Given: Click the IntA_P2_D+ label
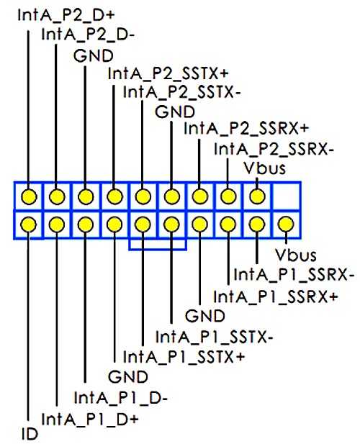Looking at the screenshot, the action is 66,15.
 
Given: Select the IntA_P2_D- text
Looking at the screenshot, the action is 88,35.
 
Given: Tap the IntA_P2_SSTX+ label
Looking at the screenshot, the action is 168,74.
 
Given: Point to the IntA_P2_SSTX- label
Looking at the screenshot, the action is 182,92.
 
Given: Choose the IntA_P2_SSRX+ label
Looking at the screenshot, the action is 246,128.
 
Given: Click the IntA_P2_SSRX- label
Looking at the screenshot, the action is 274,149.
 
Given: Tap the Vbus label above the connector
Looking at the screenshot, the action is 265,168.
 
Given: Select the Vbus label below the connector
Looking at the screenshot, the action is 296,255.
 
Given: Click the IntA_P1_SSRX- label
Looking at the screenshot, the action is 294,275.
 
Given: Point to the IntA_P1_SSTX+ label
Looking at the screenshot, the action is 184,356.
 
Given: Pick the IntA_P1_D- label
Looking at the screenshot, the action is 121,398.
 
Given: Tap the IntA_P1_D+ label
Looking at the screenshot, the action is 90,419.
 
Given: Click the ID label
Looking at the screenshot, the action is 30,434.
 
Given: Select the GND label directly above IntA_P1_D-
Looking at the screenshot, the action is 128,377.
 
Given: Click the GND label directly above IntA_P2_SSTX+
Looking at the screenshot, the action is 94,56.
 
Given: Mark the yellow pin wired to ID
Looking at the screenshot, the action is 29,225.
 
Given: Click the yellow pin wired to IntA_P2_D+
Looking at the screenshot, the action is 29,196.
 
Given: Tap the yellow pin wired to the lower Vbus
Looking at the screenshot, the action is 286,225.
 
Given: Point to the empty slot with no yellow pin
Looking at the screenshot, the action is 286,196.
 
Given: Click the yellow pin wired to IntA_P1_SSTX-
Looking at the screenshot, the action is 171,225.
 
